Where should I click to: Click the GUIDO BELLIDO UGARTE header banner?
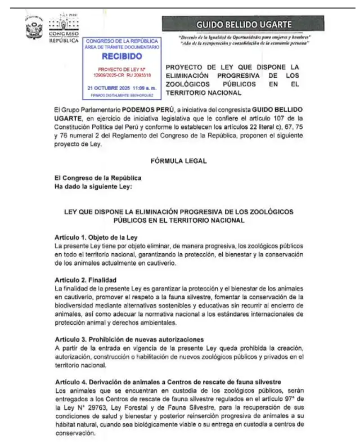click(243, 25)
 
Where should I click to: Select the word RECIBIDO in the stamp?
click(122, 57)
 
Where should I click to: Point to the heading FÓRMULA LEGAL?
click(178, 161)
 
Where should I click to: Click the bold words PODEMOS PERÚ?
click(145, 109)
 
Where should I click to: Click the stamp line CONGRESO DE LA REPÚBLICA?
click(123, 42)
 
